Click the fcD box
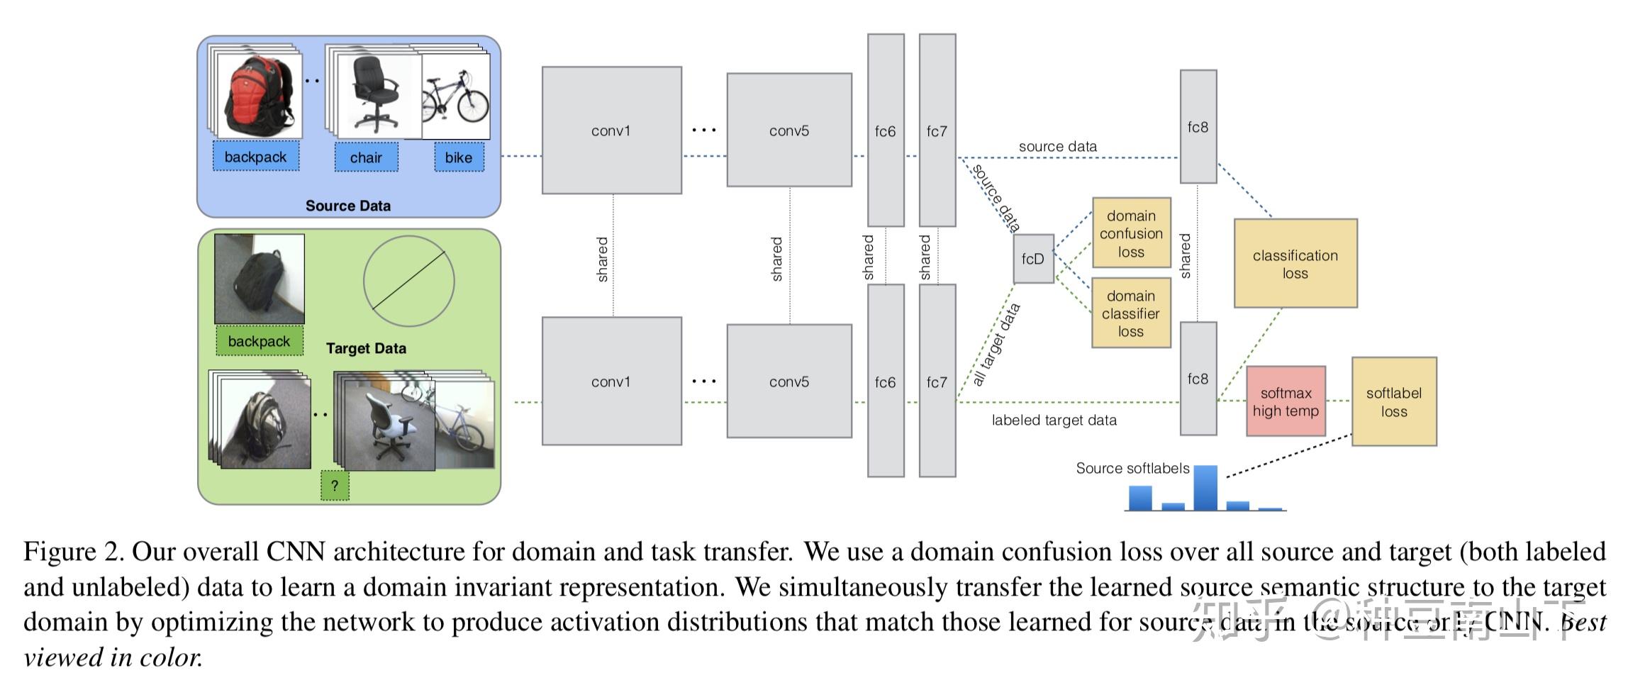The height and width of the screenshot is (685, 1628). (x=1033, y=259)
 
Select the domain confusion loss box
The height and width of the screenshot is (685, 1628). (x=1131, y=233)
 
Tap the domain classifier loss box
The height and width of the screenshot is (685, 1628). (x=1130, y=313)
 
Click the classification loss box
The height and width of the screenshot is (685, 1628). (x=1295, y=264)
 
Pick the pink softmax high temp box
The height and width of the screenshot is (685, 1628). (x=1286, y=401)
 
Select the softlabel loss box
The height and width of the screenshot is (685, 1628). (x=1393, y=401)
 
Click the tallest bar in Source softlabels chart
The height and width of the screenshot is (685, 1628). (x=1205, y=487)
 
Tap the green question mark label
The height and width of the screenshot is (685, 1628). (x=335, y=486)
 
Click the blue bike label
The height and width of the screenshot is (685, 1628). (x=459, y=157)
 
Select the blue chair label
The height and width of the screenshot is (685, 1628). (x=366, y=157)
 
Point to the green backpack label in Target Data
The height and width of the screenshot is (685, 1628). (x=259, y=341)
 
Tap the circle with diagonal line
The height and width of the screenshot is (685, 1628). (x=408, y=282)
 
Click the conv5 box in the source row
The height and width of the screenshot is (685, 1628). (x=788, y=130)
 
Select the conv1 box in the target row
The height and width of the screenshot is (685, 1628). (x=611, y=382)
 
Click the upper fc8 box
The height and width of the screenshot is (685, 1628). (x=1198, y=127)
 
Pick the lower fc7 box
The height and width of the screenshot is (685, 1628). (x=937, y=382)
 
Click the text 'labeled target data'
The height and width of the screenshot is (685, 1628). (x=1054, y=421)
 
